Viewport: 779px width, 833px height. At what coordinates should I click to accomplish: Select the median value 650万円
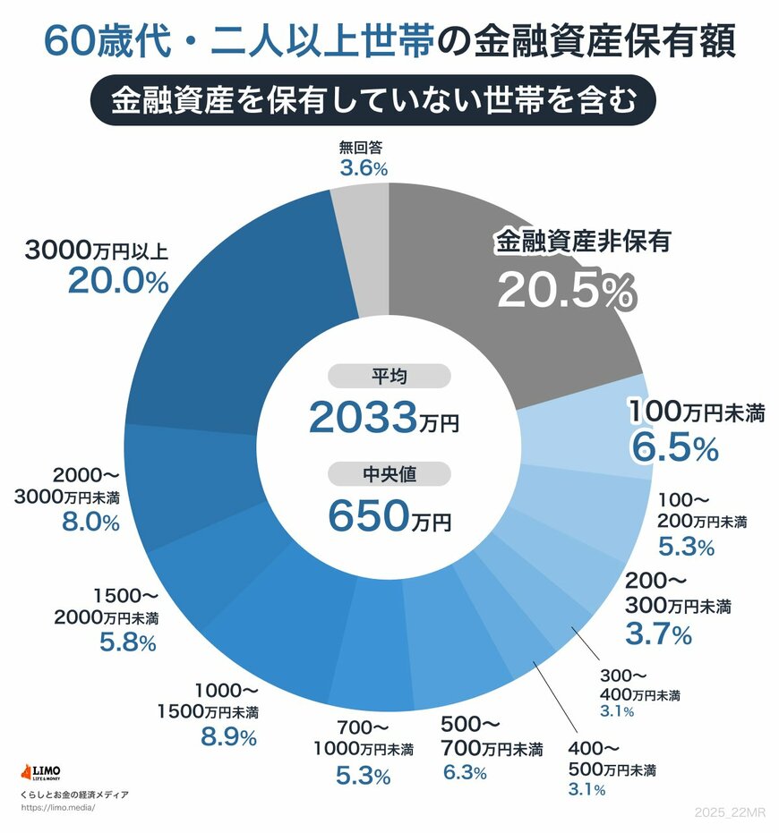point(389,514)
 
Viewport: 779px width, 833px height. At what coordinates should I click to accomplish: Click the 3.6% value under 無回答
point(363,168)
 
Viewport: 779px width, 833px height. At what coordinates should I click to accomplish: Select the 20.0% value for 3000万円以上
point(118,282)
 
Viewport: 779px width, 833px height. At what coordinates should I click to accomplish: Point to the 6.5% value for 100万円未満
point(674,446)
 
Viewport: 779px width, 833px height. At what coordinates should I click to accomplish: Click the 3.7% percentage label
point(658,635)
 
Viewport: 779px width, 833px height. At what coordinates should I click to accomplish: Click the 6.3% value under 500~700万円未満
point(465,771)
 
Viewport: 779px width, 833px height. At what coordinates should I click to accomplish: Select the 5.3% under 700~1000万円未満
point(363,776)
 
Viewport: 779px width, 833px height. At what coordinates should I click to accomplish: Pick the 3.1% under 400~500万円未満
point(586,790)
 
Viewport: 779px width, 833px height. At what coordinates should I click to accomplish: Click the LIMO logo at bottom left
point(46,772)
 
